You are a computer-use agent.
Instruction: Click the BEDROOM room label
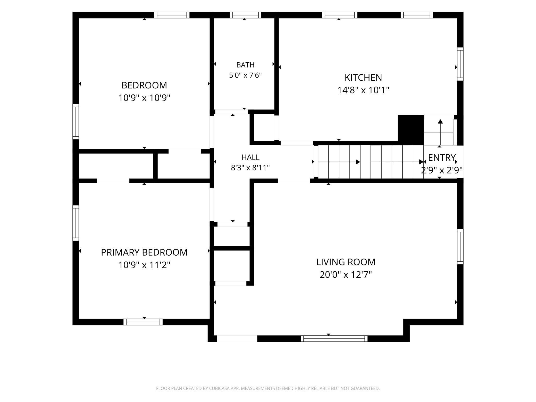144,85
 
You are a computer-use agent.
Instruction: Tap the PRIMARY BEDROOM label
144,252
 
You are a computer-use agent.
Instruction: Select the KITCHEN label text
363,77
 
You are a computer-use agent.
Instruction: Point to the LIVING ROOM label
346,262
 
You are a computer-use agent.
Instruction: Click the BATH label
245,65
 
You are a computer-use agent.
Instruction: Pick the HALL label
250,157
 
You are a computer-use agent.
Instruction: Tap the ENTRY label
442,157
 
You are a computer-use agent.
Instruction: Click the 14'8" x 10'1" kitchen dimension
363,90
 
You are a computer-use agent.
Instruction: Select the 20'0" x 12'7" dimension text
346,275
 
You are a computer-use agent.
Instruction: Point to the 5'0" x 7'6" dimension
245,75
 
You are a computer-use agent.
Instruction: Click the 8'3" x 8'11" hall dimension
250,168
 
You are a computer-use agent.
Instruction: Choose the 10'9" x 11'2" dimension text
144,265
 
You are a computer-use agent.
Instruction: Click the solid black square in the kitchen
411,130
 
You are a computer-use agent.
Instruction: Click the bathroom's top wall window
245,15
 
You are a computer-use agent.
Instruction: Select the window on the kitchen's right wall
460,64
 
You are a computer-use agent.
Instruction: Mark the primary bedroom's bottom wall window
143,322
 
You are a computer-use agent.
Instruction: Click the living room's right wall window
460,247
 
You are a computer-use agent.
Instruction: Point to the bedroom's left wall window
76,122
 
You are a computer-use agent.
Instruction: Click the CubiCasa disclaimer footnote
268,388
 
